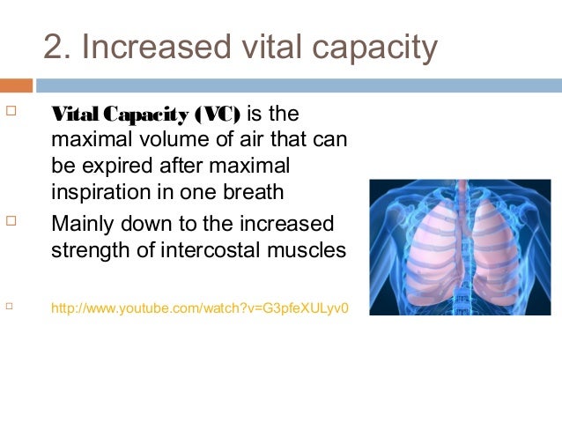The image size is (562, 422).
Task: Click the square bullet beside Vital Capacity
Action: (11, 114)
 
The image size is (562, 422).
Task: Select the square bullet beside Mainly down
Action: (11, 220)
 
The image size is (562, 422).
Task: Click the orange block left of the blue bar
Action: (16, 85)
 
